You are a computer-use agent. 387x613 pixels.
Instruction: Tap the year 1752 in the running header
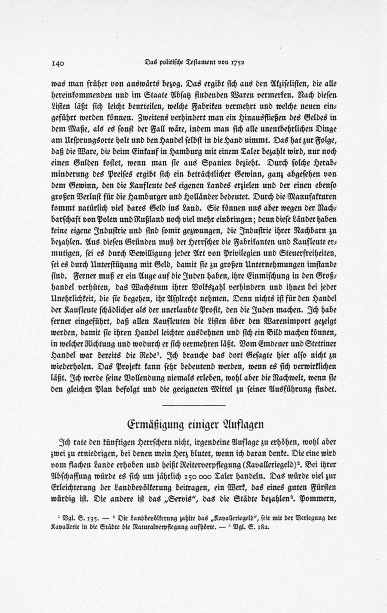tap(237, 62)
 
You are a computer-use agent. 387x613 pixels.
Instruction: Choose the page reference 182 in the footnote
tap(263, 526)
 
